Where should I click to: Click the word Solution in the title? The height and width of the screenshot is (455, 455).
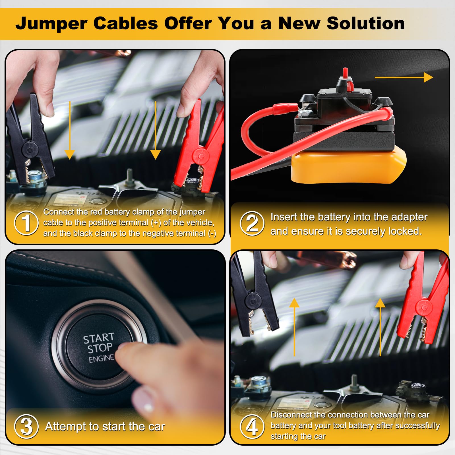[365, 23]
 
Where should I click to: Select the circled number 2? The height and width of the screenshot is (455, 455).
[252, 224]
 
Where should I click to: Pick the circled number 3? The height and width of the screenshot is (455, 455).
[26, 426]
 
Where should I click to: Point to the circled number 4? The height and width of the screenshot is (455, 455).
[252, 426]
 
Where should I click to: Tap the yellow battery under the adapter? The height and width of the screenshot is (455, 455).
[348, 168]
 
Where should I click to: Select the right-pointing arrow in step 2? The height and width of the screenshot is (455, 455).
[404, 77]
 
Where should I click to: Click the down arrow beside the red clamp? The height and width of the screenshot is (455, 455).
[155, 131]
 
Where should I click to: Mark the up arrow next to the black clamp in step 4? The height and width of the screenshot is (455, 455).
[294, 327]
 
